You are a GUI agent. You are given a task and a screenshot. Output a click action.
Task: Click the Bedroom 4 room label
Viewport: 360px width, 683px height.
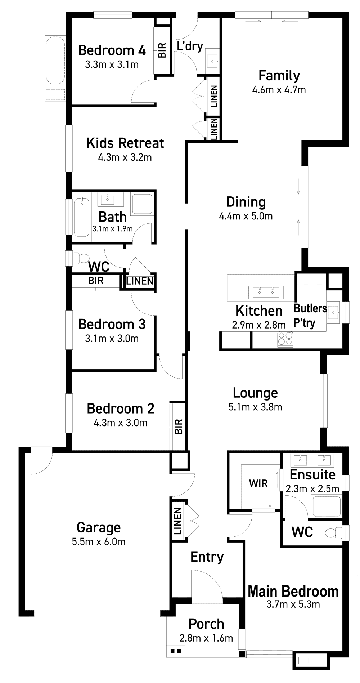click(x=112, y=50)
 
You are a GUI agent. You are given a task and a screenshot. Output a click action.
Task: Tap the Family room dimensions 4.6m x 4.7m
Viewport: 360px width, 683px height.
click(x=279, y=90)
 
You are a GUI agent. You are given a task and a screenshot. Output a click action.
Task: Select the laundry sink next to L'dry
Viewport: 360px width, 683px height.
click(x=212, y=58)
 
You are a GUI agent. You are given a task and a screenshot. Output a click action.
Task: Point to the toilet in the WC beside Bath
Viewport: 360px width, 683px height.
click(x=81, y=258)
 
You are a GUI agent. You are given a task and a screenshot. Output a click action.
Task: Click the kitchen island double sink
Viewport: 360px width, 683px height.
click(x=266, y=292)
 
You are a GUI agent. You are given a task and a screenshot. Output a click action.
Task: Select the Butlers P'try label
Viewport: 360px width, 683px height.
click(x=310, y=315)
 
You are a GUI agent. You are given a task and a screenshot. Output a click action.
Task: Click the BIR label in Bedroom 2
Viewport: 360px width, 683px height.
click(x=179, y=427)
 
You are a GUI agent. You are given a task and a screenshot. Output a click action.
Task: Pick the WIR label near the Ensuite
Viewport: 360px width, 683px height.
click(x=258, y=483)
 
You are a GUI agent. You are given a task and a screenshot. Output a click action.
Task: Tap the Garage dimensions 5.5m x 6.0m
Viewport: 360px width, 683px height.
click(x=99, y=542)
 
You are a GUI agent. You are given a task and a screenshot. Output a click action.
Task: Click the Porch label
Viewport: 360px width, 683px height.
click(x=206, y=624)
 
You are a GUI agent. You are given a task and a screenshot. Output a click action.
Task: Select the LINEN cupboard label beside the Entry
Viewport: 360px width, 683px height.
click(x=177, y=521)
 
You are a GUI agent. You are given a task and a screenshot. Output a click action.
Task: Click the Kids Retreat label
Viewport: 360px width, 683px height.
click(x=125, y=143)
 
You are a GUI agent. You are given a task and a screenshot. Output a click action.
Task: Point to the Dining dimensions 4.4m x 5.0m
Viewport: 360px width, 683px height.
click(x=246, y=216)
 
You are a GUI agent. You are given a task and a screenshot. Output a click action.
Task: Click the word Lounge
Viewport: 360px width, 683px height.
click(x=255, y=393)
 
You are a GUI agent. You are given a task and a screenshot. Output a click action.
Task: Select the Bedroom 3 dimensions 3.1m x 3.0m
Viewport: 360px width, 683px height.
click(x=112, y=339)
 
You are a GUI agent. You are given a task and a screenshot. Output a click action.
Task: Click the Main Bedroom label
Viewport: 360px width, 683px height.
click(x=293, y=591)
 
